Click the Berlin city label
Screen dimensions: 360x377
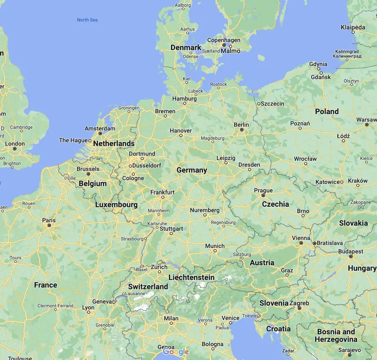241,125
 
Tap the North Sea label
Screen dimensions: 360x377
87,20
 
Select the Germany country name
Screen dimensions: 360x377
192,170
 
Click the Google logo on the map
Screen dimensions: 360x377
176,352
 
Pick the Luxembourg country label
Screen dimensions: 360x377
116,205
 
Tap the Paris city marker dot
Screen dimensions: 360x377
49,225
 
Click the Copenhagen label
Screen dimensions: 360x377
224,40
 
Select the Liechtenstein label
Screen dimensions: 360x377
191,277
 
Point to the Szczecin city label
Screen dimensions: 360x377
273,104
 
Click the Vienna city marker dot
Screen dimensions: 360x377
301,243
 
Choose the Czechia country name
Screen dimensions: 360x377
275,204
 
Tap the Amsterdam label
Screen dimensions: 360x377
100,128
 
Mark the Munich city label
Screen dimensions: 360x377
215,246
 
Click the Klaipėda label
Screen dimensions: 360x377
353,27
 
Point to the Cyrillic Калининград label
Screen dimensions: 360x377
346,56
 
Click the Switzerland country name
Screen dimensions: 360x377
148,287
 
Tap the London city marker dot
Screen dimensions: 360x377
15,149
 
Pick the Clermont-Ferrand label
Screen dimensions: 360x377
55,306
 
